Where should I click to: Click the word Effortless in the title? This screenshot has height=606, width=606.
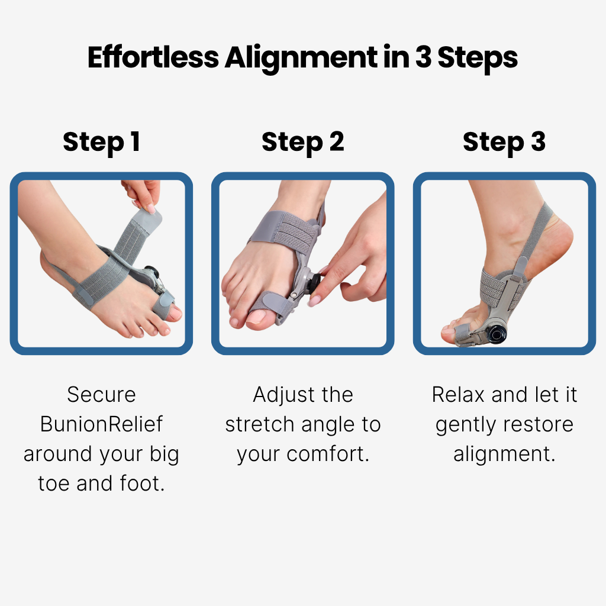tap(153, 57)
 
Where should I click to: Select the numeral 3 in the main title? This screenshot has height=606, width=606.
tap(423, 57)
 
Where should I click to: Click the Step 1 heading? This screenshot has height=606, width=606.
tap(101, 142)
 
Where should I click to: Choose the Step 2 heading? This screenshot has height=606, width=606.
tap(302, 142)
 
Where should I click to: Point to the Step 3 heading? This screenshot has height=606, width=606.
tap(504, 142)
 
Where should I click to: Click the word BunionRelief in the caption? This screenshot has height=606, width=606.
tap(101, 424)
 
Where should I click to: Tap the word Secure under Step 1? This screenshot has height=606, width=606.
tap(101, 395)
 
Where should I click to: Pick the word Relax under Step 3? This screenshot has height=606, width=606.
tap(459, 395)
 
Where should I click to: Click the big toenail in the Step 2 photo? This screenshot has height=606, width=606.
tap(256, 317)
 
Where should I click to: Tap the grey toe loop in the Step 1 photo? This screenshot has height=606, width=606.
tap(162, 305)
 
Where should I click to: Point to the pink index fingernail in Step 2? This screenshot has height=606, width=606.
tap(314, 300)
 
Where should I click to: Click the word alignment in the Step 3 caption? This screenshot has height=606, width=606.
tap(504, 454)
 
